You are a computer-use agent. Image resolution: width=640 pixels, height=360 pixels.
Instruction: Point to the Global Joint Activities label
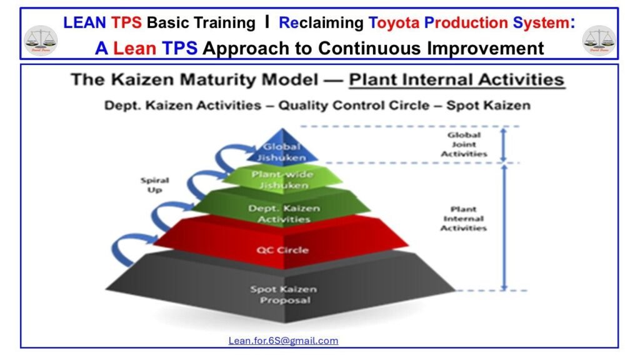[464, 144]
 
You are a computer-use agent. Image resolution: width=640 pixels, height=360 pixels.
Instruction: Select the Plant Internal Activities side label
[463, 219]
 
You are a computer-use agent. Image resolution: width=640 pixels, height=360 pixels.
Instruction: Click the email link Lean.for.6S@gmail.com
[283, 341]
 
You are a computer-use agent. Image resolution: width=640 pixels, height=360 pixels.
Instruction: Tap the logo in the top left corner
[40, 40]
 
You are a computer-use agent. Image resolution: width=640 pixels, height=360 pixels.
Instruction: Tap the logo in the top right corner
[599, 40]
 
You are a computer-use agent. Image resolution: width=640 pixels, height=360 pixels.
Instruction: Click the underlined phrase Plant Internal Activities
[456, 80]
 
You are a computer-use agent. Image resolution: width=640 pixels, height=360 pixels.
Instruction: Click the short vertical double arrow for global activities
[504, 145]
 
